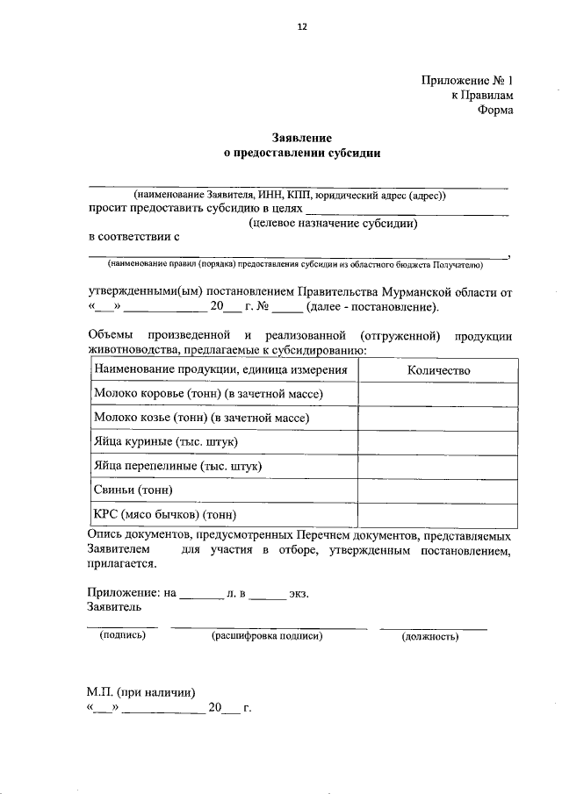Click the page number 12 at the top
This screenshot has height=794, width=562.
301,27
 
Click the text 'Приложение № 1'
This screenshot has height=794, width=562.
466,80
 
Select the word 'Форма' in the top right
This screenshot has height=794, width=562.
495,111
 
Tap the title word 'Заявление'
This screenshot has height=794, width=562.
299,138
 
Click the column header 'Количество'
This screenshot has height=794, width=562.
438,370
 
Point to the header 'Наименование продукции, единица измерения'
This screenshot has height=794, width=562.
220,370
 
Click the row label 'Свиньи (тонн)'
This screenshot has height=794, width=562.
133,490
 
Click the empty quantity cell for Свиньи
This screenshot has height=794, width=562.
438,490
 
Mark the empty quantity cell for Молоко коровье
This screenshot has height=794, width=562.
438,395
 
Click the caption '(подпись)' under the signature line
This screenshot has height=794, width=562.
122,636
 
